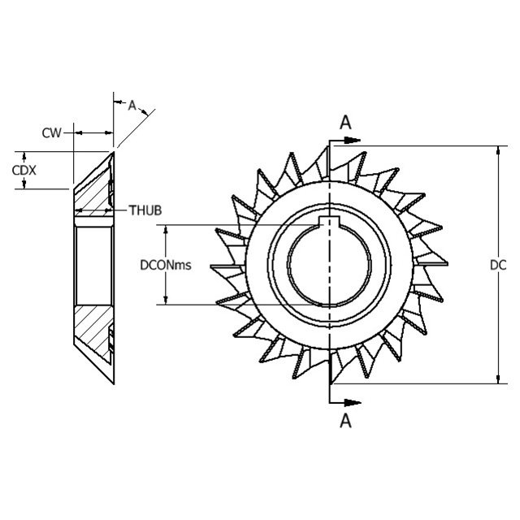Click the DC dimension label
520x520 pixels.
[x=498, y=265]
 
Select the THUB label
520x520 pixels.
[x=145, y=210]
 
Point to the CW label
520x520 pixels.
[x=52, y=132]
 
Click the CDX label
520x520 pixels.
[x=23, y=170]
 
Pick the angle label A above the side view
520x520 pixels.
[x=132, y=104]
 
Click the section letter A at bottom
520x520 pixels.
[x=345, y=420]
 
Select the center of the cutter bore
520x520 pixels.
[x=329, y=264]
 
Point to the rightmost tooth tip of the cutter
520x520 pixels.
[x=448, y=263]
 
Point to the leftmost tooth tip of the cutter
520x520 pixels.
[x=211, y=266]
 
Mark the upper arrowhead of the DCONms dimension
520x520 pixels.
[x=167, y=229]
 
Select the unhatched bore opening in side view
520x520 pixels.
[x=92, y=264]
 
